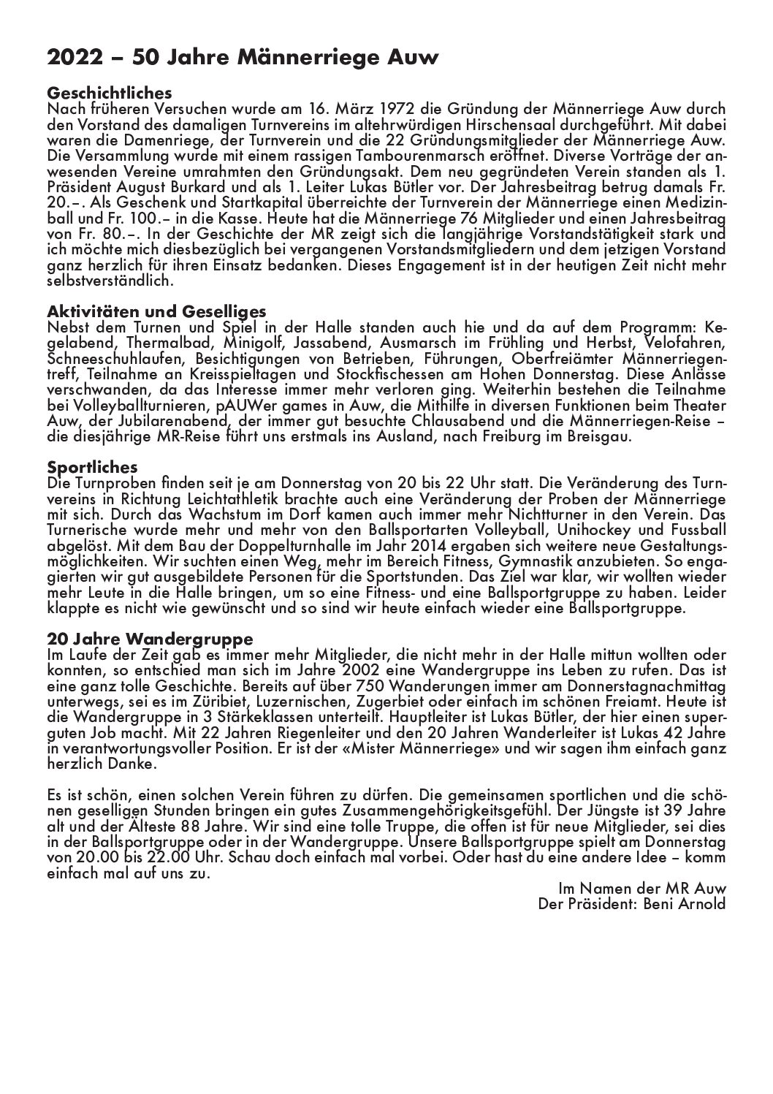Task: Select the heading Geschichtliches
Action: (x=109, y=94)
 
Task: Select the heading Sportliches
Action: (x=92, y=467)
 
